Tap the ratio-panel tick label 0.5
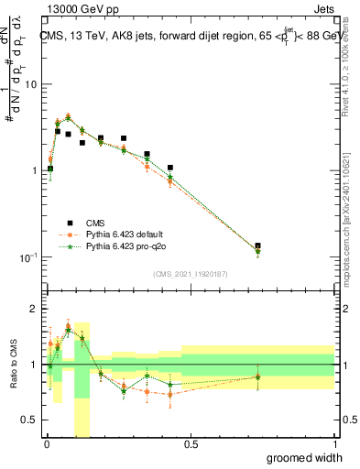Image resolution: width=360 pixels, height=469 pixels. [33, 420]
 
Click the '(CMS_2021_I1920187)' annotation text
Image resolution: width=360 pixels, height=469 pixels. [189, 274]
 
